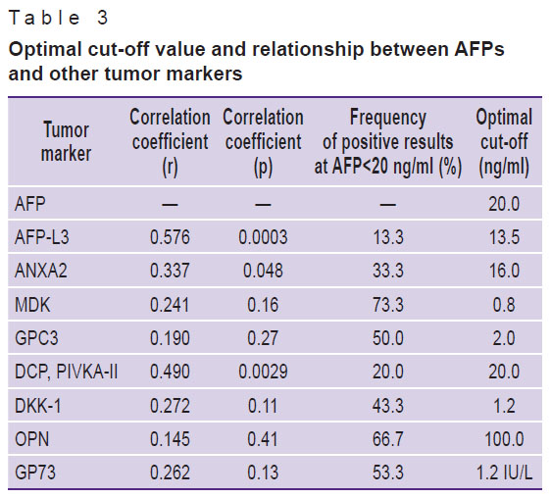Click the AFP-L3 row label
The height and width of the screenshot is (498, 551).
click(x=42, y=237)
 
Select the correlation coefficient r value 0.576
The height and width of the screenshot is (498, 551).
click(x=170, y=237)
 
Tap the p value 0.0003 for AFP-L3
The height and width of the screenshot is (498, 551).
click(x=263, y=237)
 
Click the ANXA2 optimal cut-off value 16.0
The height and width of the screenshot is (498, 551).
click(x=504, y=271)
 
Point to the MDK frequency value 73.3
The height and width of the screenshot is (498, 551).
click(x=388, y=305)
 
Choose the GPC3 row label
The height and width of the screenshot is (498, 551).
click(x=36, y=338)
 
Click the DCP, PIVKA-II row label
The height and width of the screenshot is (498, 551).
click(x=66, y=373)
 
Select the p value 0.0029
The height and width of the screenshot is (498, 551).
click(x=263, y=373)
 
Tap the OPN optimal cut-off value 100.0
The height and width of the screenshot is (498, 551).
click(x=504, y=439)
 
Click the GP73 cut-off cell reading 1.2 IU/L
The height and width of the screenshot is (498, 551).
click(x=504, y=473)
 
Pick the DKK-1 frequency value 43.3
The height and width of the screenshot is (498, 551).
click(x=388, y=406)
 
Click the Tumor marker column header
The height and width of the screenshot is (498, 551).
click(x=66, y=141)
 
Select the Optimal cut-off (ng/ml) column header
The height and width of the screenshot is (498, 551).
click(x=504, y=142)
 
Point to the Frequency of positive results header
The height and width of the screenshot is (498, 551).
click(x=388, y=142)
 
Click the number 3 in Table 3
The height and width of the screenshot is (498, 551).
click(x=103, y=18)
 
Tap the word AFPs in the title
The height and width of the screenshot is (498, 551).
click(x=479, y=49)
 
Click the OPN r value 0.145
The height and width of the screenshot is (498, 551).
click(x=170, y=439)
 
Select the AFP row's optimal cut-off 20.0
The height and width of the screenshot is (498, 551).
click(x=504, y=204)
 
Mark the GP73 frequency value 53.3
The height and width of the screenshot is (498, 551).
click(x=388, y=473)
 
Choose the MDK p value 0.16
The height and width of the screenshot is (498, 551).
click(x=263, y=305)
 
